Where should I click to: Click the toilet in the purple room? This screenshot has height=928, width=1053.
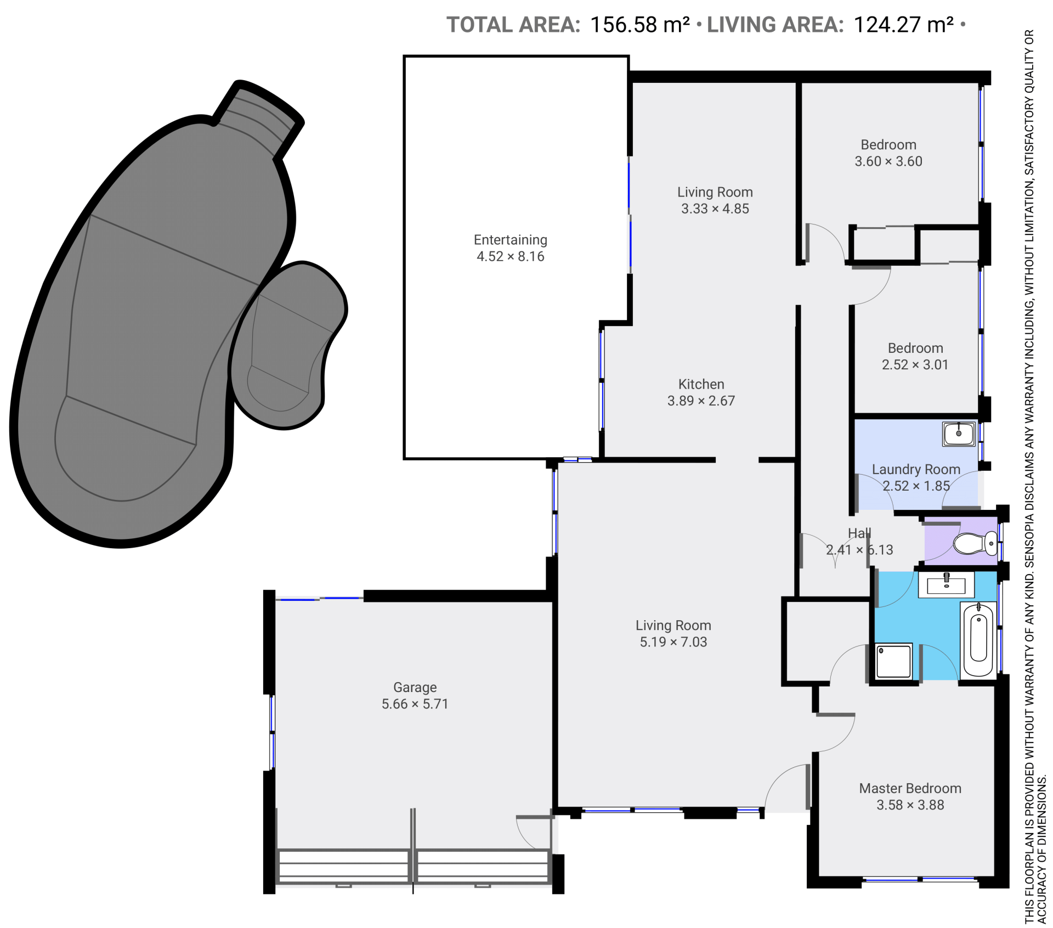[975, 544]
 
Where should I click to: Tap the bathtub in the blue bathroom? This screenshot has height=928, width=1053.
[978, 640]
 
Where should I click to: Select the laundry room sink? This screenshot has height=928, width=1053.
[959, 434]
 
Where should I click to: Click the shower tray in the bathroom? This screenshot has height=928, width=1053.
[893, 661]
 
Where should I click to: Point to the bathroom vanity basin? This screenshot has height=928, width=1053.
[947, 584]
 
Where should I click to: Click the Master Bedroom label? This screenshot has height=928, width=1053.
[910, 789]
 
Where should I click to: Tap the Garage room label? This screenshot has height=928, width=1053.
[415, 688]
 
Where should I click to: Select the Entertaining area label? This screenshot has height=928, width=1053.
[511, 240]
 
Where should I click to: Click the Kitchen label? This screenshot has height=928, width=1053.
[701, 384]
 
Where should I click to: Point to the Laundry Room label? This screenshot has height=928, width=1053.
[916, 470]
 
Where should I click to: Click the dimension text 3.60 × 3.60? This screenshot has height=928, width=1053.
[888, 161]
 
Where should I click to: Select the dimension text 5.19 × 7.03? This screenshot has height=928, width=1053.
[673, 642]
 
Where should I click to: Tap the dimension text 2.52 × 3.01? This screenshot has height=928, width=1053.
[915, 365]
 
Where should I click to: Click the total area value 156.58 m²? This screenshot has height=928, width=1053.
[640, 25]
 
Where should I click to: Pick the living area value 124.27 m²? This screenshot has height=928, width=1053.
[904, 25]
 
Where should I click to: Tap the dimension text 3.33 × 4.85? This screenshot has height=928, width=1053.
[715, 209]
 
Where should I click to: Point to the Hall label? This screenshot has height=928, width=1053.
[859, 533]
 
